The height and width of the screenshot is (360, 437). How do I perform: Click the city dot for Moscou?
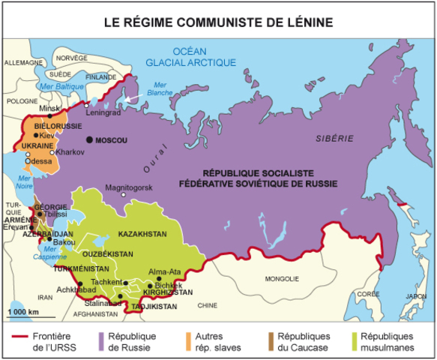pos(89,139)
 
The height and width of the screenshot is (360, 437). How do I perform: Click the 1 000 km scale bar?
pos(23,316)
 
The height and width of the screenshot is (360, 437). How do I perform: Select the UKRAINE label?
pos(37,145)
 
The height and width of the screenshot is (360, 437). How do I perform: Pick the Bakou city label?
pos(65,241)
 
